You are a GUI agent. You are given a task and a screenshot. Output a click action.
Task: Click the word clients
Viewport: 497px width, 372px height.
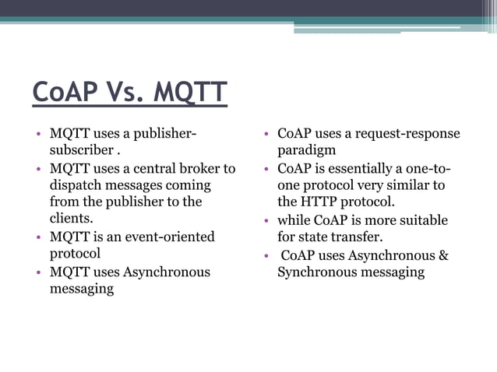pyautogui.click(x=71, y=219)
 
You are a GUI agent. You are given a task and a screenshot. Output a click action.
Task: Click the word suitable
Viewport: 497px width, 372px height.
pyautogui.click(x=425, y=220)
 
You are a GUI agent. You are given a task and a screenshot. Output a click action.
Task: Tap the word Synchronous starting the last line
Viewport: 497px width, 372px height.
pyautogui.click(x=315, y=272)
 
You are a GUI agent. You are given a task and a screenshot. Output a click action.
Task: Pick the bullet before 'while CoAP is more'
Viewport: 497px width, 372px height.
pyautogui.click(x=265, y=221)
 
